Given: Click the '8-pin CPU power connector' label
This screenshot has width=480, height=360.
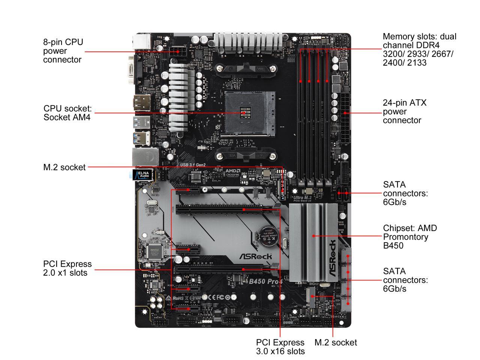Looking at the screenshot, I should [63, 51].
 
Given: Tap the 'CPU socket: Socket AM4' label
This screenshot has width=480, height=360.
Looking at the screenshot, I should [67, 113].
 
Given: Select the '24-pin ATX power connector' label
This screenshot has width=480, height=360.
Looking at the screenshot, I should [405, 111].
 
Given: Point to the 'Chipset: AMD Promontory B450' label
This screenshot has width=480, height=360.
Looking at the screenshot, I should [409, 237].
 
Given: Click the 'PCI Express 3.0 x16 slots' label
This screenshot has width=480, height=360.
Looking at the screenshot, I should [280, 347].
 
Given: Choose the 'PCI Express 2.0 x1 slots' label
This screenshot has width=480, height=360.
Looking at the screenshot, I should [67, 268].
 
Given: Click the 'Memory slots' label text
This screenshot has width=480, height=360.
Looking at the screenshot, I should [419, 49].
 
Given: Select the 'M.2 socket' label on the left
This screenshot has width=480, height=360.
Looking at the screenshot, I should [64, 167].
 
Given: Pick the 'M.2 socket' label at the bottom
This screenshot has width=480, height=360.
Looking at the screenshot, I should [336, 342].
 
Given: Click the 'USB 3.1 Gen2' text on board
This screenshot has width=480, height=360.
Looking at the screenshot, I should [193, 165].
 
